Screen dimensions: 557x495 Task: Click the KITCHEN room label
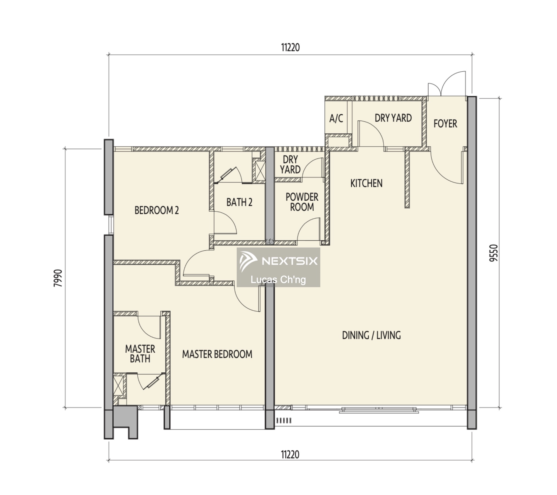click(x=366, y=183)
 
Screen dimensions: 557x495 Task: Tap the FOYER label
click(x=445, y=124)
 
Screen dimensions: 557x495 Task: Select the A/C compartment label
click(x=336, y=118)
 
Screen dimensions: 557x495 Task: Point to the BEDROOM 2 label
click(x=157, y=210)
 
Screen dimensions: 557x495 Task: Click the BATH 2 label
click(x=239, y=202)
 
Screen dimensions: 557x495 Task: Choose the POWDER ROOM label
click(x=302, y=202)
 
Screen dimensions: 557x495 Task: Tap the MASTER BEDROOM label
click(x=217, y=354)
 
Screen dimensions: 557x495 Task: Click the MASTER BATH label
click(x=140, y=354)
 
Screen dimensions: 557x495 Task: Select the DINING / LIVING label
click(x=372, y=335)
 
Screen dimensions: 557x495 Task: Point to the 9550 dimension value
click(x=493, y=253)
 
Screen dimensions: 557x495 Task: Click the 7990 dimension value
click(x=58, y=278)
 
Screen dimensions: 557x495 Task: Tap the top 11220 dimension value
click(x=290, y=48)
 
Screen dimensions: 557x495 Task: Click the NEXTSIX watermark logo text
click(x=290, y=261)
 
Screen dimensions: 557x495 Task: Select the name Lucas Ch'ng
click(x=278, y=280)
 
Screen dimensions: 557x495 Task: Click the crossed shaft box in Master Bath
click(x=118, y=385)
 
